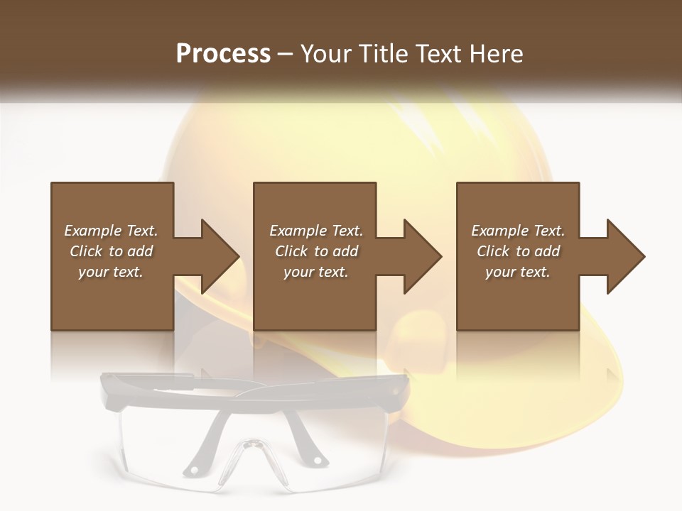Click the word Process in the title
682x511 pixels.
[223, 54]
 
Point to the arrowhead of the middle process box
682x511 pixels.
[422, 256]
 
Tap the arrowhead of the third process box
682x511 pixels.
[625, 256]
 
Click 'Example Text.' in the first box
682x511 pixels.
[111, 231]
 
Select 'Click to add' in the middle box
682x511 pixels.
[316, 251]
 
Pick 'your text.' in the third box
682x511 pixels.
[518, 272]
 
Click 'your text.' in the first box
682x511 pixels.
[111, 272]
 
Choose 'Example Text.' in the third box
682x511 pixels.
[518, 231]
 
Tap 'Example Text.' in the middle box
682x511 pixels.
[316, 231]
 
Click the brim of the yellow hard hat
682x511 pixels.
[568, 397]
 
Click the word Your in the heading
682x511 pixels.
[325, 54]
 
